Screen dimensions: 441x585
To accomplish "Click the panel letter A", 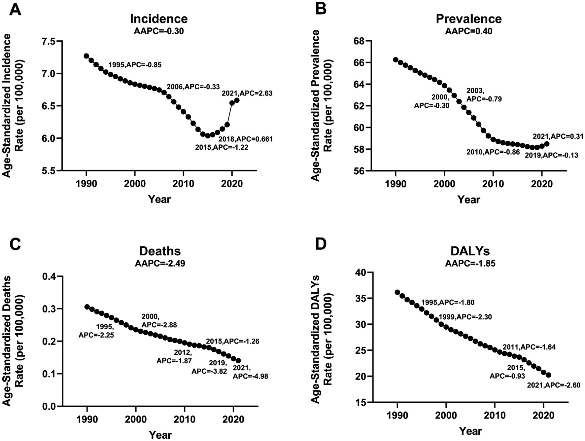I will pyautogui.click(x=15, y=10).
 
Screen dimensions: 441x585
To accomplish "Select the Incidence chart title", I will pyautogui.click(x=159, y=18).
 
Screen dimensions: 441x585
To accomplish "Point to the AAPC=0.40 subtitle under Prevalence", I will pyautogui.click(x=468, y=31).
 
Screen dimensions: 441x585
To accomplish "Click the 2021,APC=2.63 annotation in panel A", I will pyautogui.click(x=247, y=93).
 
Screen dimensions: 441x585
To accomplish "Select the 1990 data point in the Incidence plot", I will pyautogui.click(x=86, y=56).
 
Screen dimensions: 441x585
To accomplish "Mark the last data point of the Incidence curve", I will pyautogui.click(x=237, y=100).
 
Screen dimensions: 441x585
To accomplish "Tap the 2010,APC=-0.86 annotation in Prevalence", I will pyautogui.click(x=493, y=152).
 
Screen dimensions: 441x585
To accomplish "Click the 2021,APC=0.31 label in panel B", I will pyautogui.click(x=558, y=136).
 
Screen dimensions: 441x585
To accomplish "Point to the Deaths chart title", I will pyautogui.click(x=160, y=251).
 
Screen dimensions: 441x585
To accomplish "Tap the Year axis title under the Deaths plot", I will pyautogui.click(x=160, y=434).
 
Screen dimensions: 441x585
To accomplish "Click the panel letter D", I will pyautogui.click(x=321, y=244).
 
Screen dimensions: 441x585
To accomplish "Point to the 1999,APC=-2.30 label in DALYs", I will pyautogui.click(x=465, y=317).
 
